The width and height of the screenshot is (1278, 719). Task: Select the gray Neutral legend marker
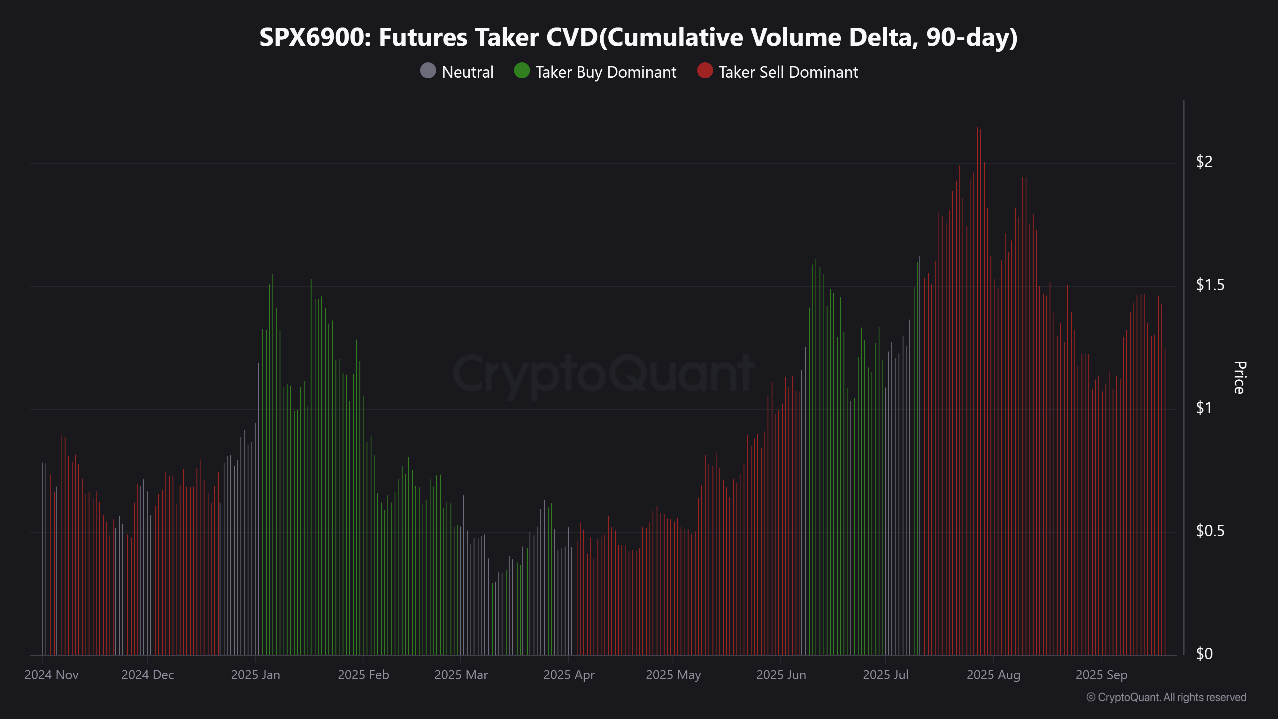click(428, 71)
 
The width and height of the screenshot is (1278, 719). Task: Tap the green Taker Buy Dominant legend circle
click(521, 71)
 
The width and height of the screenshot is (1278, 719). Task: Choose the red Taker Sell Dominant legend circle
click(704, 71)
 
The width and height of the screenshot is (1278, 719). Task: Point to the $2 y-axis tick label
click(1204, 162)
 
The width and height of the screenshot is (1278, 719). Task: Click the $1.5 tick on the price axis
click(1210, 285)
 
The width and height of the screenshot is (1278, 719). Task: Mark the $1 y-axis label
click(1204, 408)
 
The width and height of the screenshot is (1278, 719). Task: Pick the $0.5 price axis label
click(1210, 531)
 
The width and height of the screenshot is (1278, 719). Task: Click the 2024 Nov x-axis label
click(51, 675)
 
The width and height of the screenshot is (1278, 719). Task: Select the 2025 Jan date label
click(256, 675)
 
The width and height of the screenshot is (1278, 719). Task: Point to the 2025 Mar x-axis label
click(461, 675)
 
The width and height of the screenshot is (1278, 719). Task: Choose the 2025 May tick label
click(673, 675)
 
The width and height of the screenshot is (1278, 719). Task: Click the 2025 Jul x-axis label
click(886, 675)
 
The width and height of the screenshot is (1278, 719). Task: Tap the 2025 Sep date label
click(1101, 675)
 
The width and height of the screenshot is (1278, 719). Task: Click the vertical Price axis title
click(1239, 378)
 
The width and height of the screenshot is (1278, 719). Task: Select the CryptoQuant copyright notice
click(1166, 697)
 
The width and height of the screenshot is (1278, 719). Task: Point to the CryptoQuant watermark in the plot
click(603, 373)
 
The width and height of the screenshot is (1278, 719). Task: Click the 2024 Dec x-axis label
click(148, 675)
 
